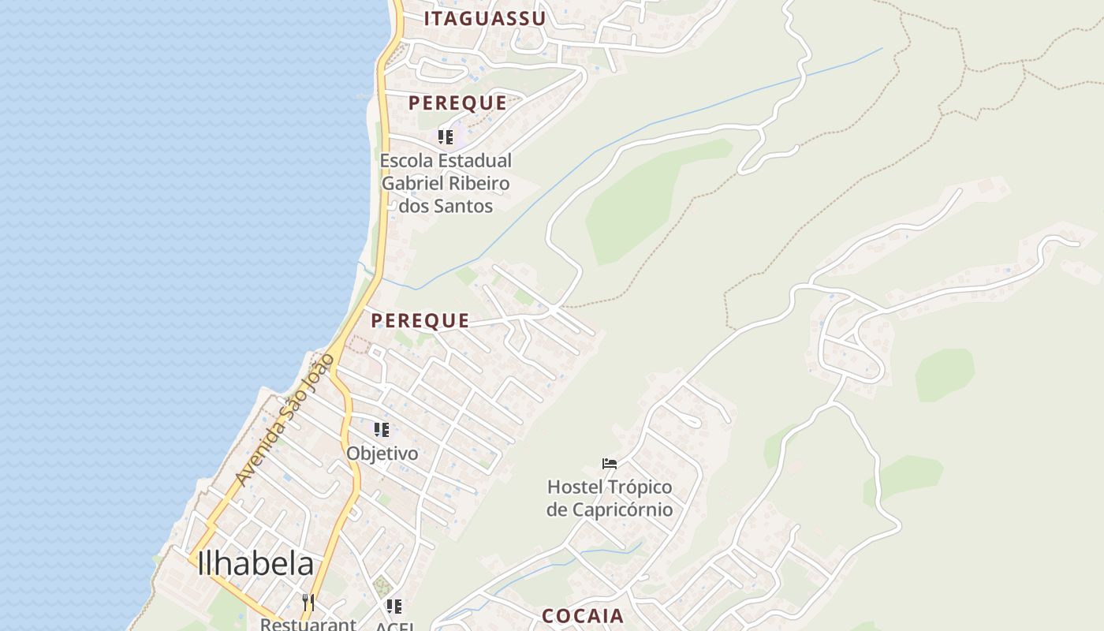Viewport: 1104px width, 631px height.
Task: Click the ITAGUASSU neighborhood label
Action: (485, 19)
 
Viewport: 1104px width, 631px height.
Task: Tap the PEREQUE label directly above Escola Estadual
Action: (457, 103)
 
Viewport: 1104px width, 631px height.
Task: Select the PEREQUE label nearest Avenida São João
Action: (420, 320)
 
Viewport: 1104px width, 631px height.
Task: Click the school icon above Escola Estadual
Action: (446, 137)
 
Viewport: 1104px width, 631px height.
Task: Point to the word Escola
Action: (405, 161)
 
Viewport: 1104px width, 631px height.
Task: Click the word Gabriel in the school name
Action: (410, 184)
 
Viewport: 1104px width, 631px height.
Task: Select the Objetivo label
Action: (382, 454)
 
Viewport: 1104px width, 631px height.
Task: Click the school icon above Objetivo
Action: (382, 430)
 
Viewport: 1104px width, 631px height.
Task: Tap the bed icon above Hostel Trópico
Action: (609, 463)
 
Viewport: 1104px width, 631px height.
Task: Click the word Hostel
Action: (574, 486)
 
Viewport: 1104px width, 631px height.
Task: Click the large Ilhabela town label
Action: (255, 563)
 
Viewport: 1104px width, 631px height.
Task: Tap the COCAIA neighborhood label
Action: (583, 616)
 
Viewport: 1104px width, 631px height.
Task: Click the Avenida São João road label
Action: (285, 420)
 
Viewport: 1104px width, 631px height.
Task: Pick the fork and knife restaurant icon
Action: (308, 603)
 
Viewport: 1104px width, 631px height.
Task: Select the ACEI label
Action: (394, 626)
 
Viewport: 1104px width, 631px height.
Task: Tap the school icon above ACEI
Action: (394, 606)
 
